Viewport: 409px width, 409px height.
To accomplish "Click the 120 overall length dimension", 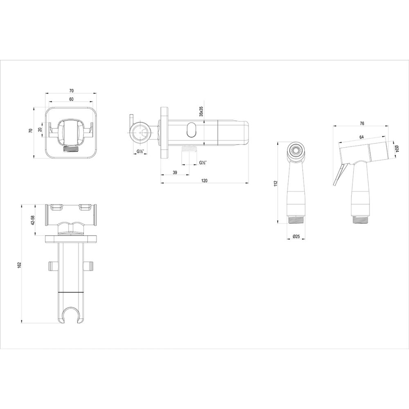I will [204, 181].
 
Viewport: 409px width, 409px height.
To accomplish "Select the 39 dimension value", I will [175, 173].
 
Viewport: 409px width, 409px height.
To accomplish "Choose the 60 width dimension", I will [71, 99].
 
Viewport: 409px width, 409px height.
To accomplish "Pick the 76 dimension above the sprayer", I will [362, 123].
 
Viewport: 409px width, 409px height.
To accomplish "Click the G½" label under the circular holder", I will [140, 153].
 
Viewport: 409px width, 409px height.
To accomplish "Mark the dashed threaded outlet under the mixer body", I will [188, 149].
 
